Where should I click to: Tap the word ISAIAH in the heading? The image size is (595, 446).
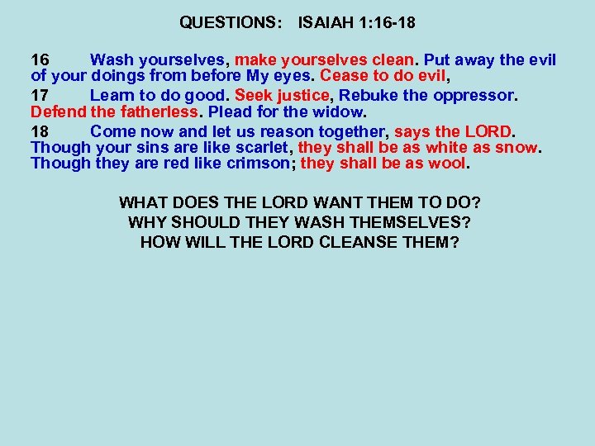[x=328, y=23]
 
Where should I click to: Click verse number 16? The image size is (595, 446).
[x=40, y=60]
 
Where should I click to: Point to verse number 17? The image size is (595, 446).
[x=40, y=95]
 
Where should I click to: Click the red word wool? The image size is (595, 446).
[x=448, y=164]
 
